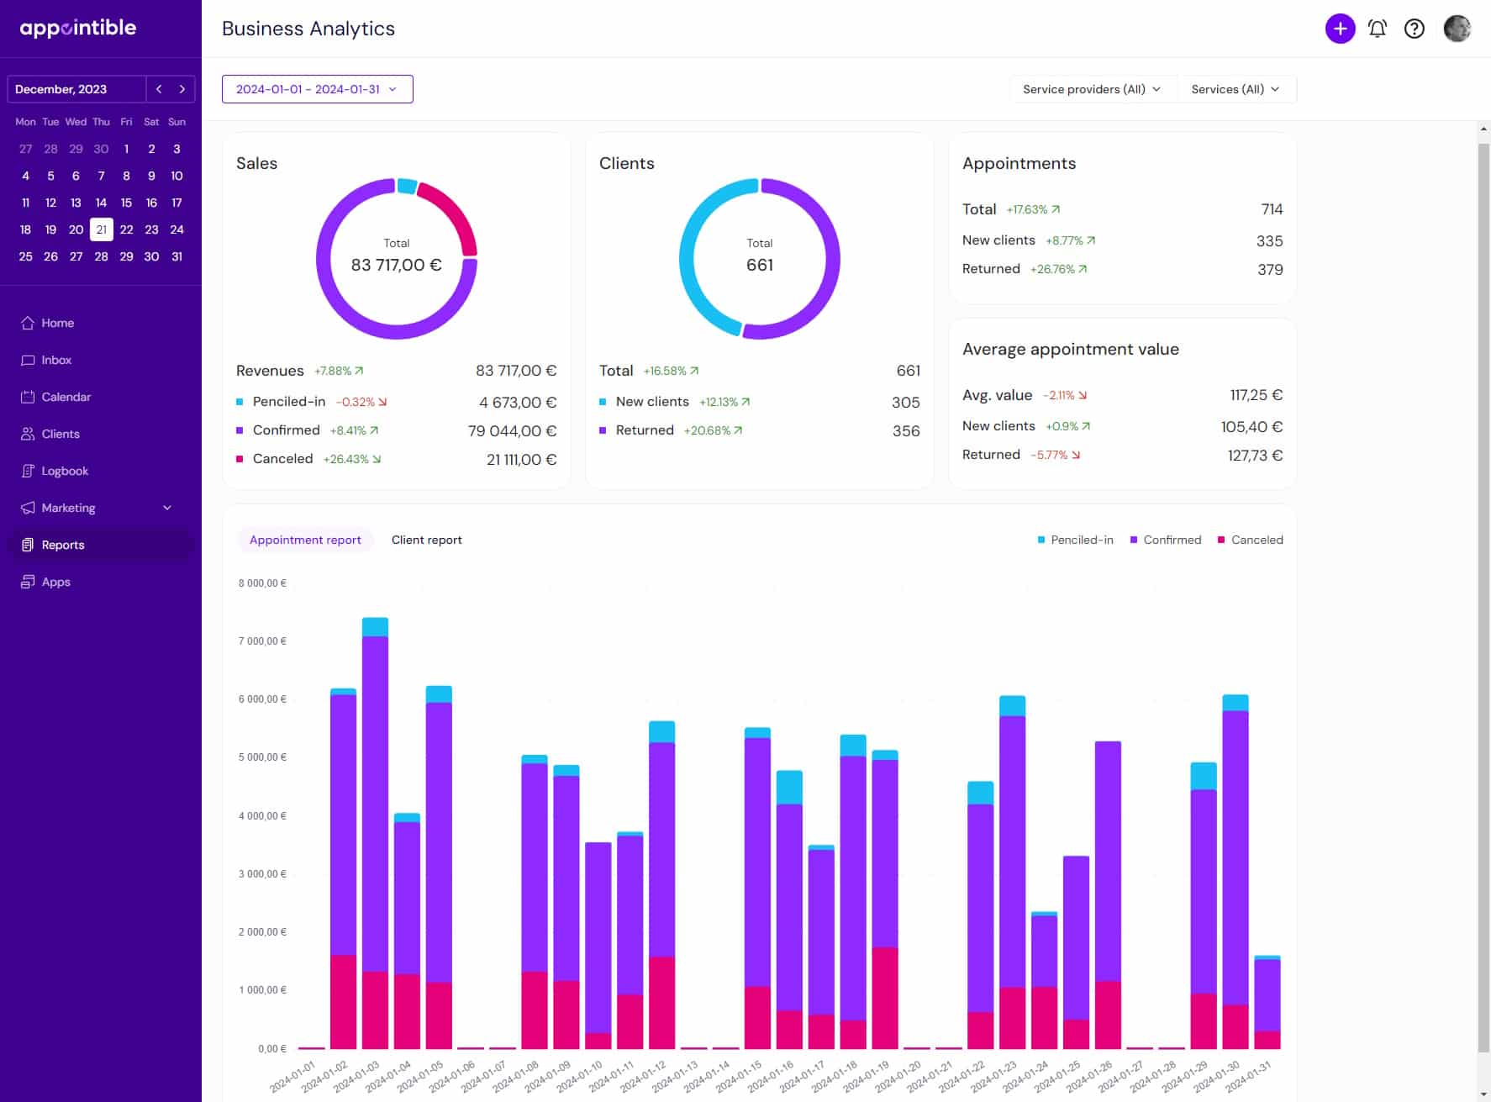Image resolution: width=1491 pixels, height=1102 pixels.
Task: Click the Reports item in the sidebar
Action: [63, 545]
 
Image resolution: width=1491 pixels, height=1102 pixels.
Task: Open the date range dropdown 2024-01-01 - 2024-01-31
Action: [317, 89]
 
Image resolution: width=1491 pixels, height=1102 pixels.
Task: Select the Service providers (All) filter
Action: [1091, 89]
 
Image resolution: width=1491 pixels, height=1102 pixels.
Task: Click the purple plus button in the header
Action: [1340, 29]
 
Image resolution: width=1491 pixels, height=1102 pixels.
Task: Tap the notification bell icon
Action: [1377, 29]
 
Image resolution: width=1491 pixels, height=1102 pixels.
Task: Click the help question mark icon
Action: [1415, 29]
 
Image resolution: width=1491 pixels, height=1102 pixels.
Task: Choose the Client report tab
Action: [426, 540]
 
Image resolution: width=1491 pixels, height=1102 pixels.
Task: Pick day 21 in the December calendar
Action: [101, 229]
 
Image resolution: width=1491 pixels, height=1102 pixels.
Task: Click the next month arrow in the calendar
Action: [182, 89]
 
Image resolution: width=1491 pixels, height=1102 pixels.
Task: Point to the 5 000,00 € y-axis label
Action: [262, 757]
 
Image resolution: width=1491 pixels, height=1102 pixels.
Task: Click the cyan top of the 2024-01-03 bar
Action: [375, 627]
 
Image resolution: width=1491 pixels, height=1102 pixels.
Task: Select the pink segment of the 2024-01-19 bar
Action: [885, 997]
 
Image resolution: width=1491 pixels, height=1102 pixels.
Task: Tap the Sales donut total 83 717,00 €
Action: [396, 265]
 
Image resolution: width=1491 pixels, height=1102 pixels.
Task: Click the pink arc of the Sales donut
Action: [452, 211]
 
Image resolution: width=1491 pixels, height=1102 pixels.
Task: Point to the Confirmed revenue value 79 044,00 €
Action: [512, 430]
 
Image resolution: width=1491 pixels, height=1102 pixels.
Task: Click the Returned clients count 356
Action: [905, 430]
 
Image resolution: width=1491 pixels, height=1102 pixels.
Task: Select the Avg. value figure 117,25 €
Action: [1256, 395]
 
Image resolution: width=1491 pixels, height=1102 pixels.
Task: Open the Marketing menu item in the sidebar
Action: [69, 508]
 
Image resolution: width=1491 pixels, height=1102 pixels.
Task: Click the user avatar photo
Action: [1457, 29]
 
